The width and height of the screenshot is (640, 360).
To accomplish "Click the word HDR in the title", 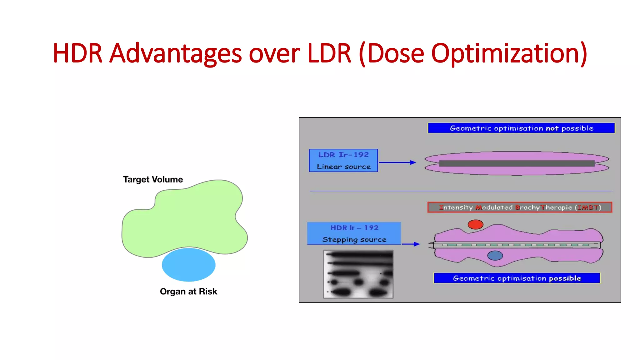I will (x=77, y=53).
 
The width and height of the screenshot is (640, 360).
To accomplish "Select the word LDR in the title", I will (x=329, y=53).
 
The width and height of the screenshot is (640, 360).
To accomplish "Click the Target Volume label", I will (x=153, y=179).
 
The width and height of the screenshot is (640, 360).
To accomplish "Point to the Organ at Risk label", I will (x=188, y=292).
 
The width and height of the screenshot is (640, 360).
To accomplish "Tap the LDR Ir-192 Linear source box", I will (x=343, y=161).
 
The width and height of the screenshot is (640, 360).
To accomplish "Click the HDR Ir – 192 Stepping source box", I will (x=354, y=233).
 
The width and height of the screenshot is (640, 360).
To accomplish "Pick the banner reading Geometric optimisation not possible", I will (x=521, y=128).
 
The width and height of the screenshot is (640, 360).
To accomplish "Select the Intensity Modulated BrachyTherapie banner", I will (x=520, y=207).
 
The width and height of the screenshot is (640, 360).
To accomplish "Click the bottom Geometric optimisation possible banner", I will (x=517, y=278).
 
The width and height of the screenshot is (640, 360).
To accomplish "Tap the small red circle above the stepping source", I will (x=475, y=224).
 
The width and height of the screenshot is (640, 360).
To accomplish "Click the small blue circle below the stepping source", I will (x=495, y=256).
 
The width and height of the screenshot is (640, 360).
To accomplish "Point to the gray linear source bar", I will (x=517, y=163).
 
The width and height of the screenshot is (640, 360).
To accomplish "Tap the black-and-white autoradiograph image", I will (x=358, y=274).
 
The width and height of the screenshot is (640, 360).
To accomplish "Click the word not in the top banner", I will (x=552, y=128).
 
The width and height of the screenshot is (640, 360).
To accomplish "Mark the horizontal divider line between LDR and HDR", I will (x=461, y=191).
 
